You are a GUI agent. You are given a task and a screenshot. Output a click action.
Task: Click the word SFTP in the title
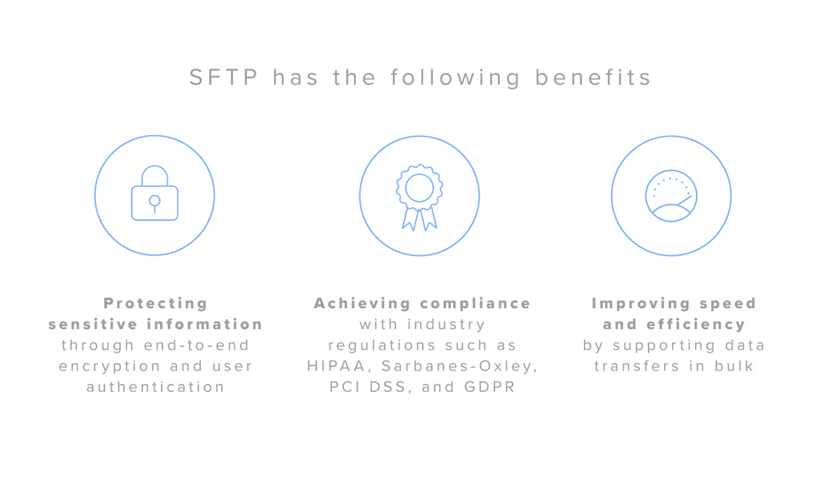(224, 78)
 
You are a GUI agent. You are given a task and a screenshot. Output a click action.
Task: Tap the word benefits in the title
(593, 78)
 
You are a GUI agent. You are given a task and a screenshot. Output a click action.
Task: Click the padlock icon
(155, 193)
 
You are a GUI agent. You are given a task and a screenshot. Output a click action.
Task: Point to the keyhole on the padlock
(155, 204)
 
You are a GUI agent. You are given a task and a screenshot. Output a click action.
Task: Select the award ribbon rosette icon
(419, 197)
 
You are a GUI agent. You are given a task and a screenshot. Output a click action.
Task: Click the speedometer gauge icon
(671, 196)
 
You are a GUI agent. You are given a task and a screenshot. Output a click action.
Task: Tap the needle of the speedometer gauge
(684, 201)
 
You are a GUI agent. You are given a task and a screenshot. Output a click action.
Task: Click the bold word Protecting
(155, 304)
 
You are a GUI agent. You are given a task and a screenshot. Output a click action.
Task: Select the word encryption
(110, 366)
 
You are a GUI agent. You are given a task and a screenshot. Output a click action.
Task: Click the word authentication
(155, 387)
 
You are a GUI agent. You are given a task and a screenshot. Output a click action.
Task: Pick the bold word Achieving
(362, 304)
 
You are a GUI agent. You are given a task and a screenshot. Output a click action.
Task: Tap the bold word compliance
(475, 304)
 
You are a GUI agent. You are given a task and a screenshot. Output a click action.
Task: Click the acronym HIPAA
(336, 366)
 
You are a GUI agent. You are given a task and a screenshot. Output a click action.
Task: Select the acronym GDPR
(490, 387)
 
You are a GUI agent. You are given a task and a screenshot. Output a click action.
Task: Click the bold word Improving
(641, 304)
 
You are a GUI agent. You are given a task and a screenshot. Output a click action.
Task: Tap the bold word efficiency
(696, 325)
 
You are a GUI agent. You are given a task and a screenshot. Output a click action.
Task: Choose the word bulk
(734, 366)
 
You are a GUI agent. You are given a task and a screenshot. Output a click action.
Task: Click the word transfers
(637, 366)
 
